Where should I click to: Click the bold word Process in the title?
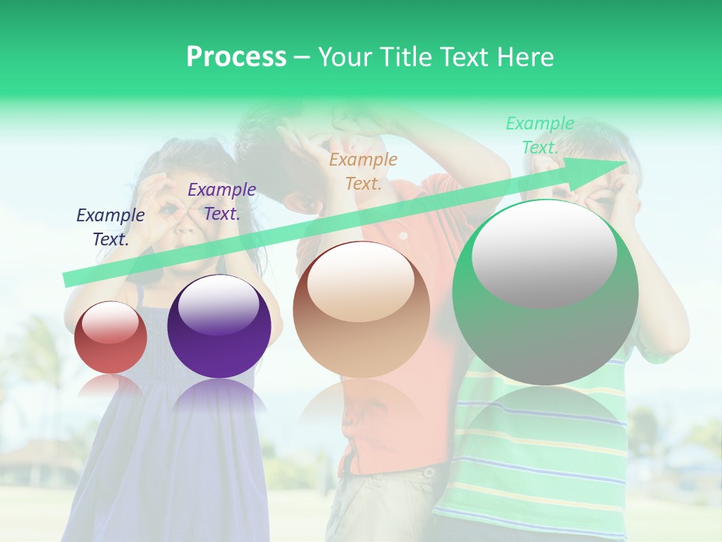tap(236, 57)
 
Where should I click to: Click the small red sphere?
tap(111, 338)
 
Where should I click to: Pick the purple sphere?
tap(219, 327)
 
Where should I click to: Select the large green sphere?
tap(545, 293)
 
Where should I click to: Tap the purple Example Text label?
tap(222, 202)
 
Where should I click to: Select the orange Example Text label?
tap(363, 172)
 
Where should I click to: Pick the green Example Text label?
tap(540, 135)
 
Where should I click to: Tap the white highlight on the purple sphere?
tap(218, 303)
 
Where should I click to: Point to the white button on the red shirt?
tap(403, 236)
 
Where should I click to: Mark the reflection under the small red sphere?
tap(111, 385)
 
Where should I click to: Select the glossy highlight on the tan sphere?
tap(361, 281)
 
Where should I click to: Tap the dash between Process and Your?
tap(302, 57)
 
